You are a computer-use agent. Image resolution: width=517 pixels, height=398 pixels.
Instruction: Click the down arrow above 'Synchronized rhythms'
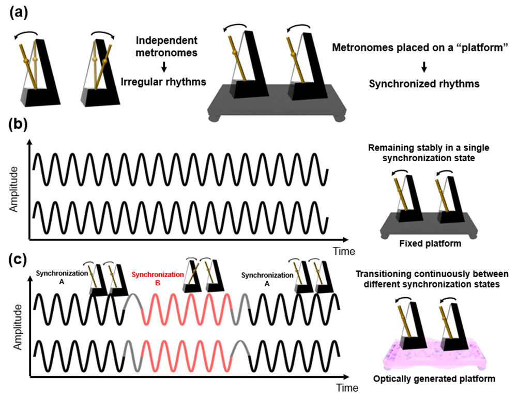point(423,66)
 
